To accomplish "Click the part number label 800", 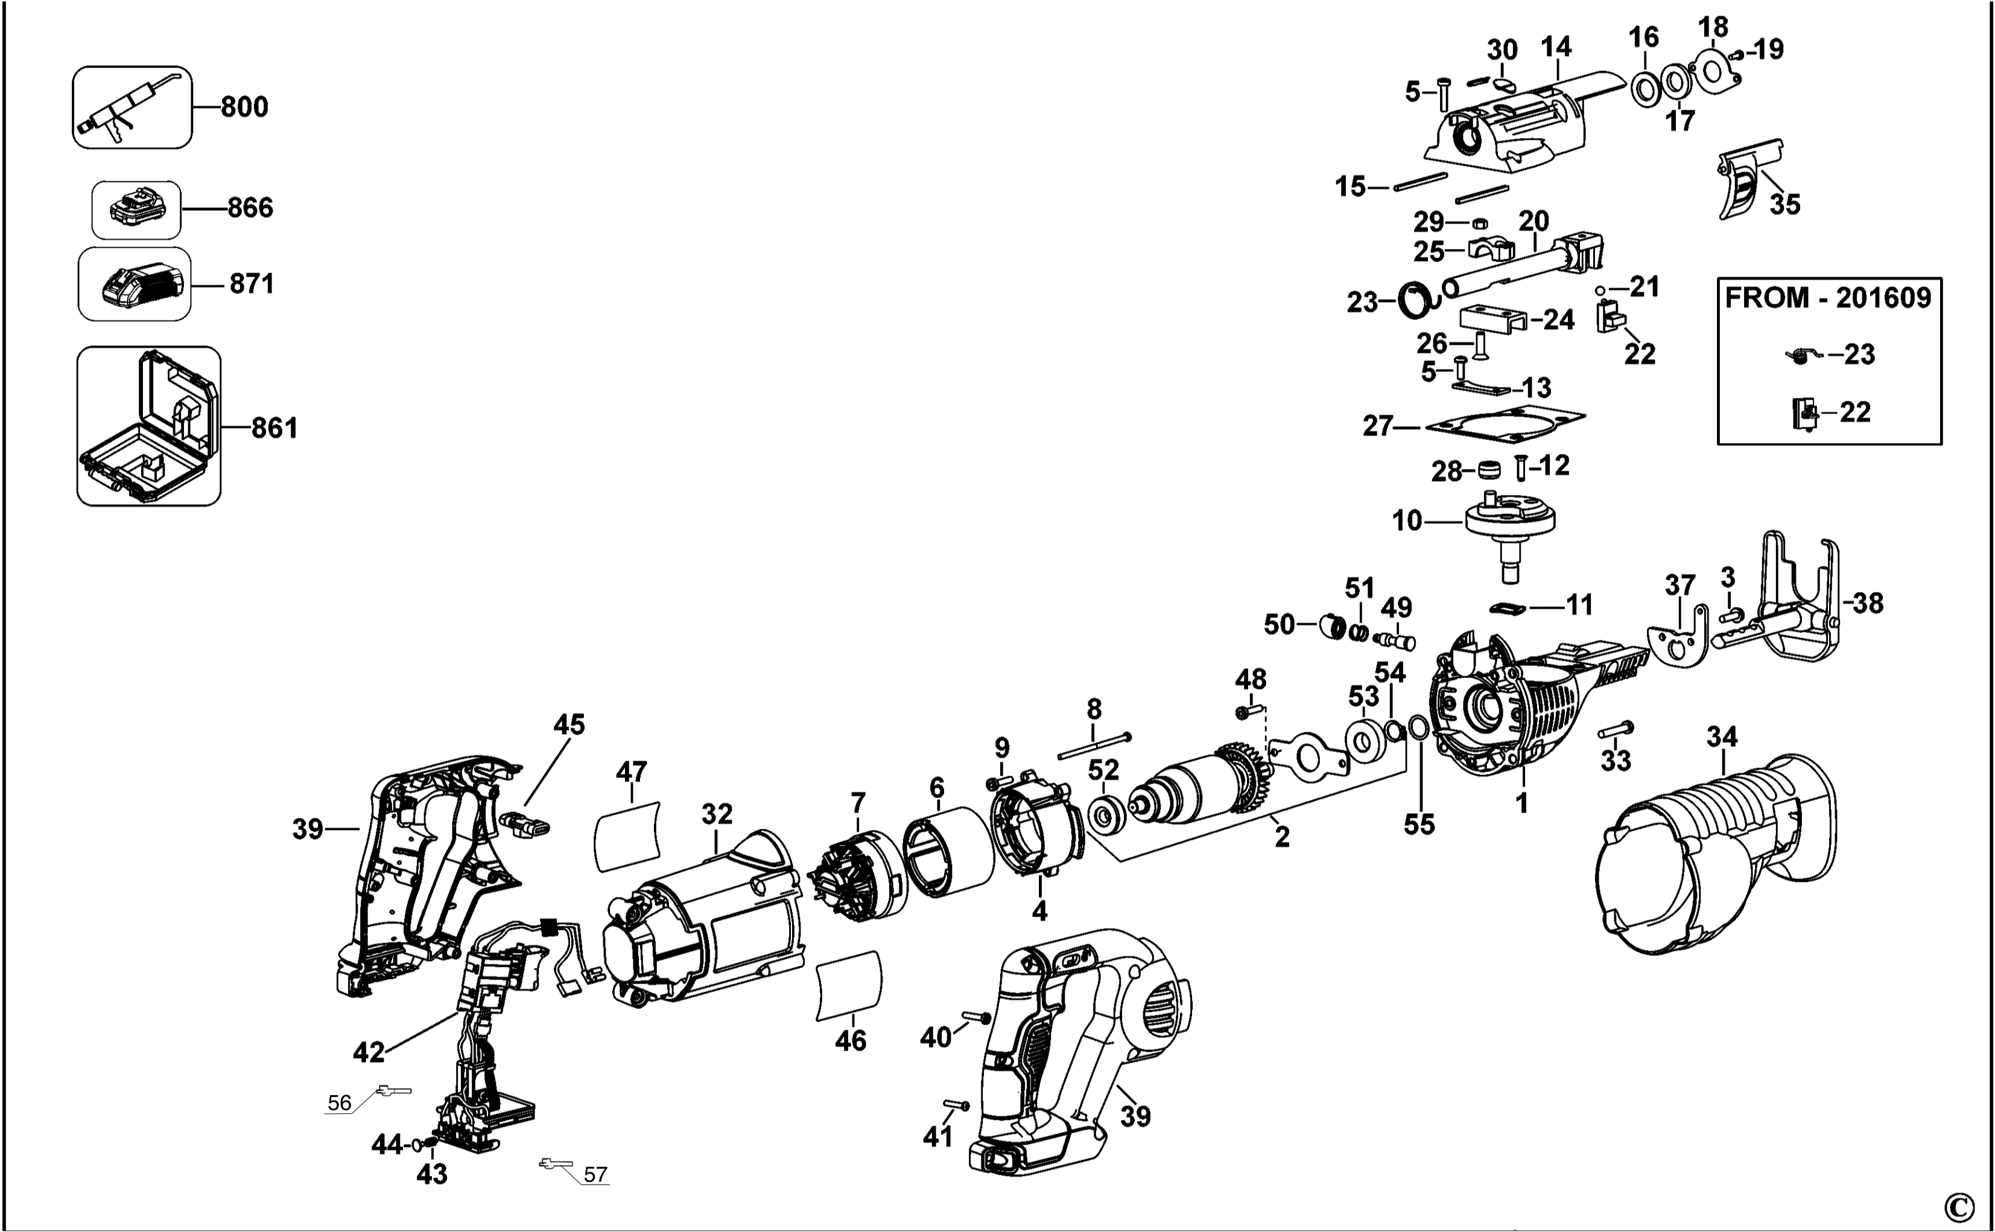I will pyautogui.click(x=244, y=107).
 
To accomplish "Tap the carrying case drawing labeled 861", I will pyautogui.click(x=148, y=426).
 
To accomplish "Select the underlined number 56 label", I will pyautogui.click(x=339, y=1103).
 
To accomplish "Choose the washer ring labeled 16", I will pyautogui.click(x=1645, y=89).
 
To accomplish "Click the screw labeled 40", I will pyautogui.click(x=975, y=1016).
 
